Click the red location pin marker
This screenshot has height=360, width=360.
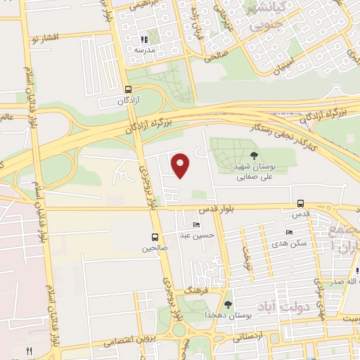coord(181,165)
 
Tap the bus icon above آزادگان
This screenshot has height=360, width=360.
coord(128,89)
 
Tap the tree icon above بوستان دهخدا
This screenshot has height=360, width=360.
coord(228,304)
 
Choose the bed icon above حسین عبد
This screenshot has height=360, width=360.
coord(196,225)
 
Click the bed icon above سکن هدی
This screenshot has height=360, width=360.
coord(289,233)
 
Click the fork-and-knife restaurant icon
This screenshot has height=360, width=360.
coord(29,350)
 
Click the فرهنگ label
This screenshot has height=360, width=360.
coord(193,289)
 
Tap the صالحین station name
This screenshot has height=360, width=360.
coord(155,248)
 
